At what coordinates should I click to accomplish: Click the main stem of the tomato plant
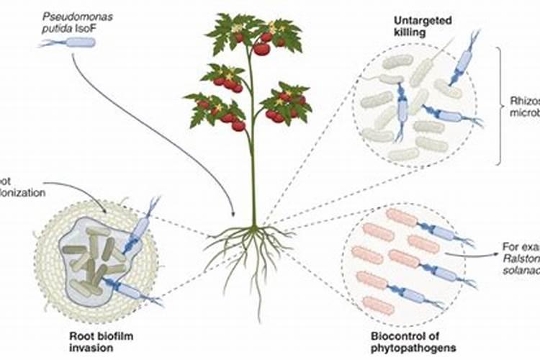click(x=253, y=158)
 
